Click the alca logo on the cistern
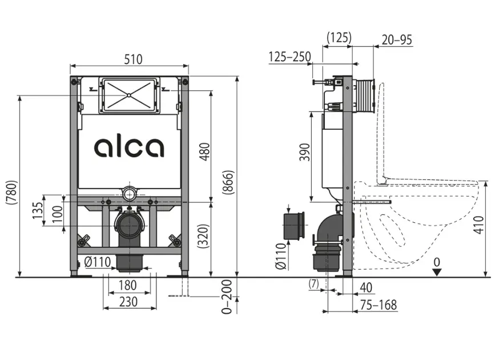tap(129, 147)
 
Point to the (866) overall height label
tap(228, 183)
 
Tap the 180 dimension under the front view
tap(128, 285)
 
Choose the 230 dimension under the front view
tap(128, 302)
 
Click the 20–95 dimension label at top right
tap(396, 40)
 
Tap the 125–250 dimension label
tap(290, 56)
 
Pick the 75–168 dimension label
tap(377, 305)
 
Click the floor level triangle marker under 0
tap(437, 271)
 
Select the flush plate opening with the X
tap(130, 95)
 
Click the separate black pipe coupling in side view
tap(293, 227)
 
